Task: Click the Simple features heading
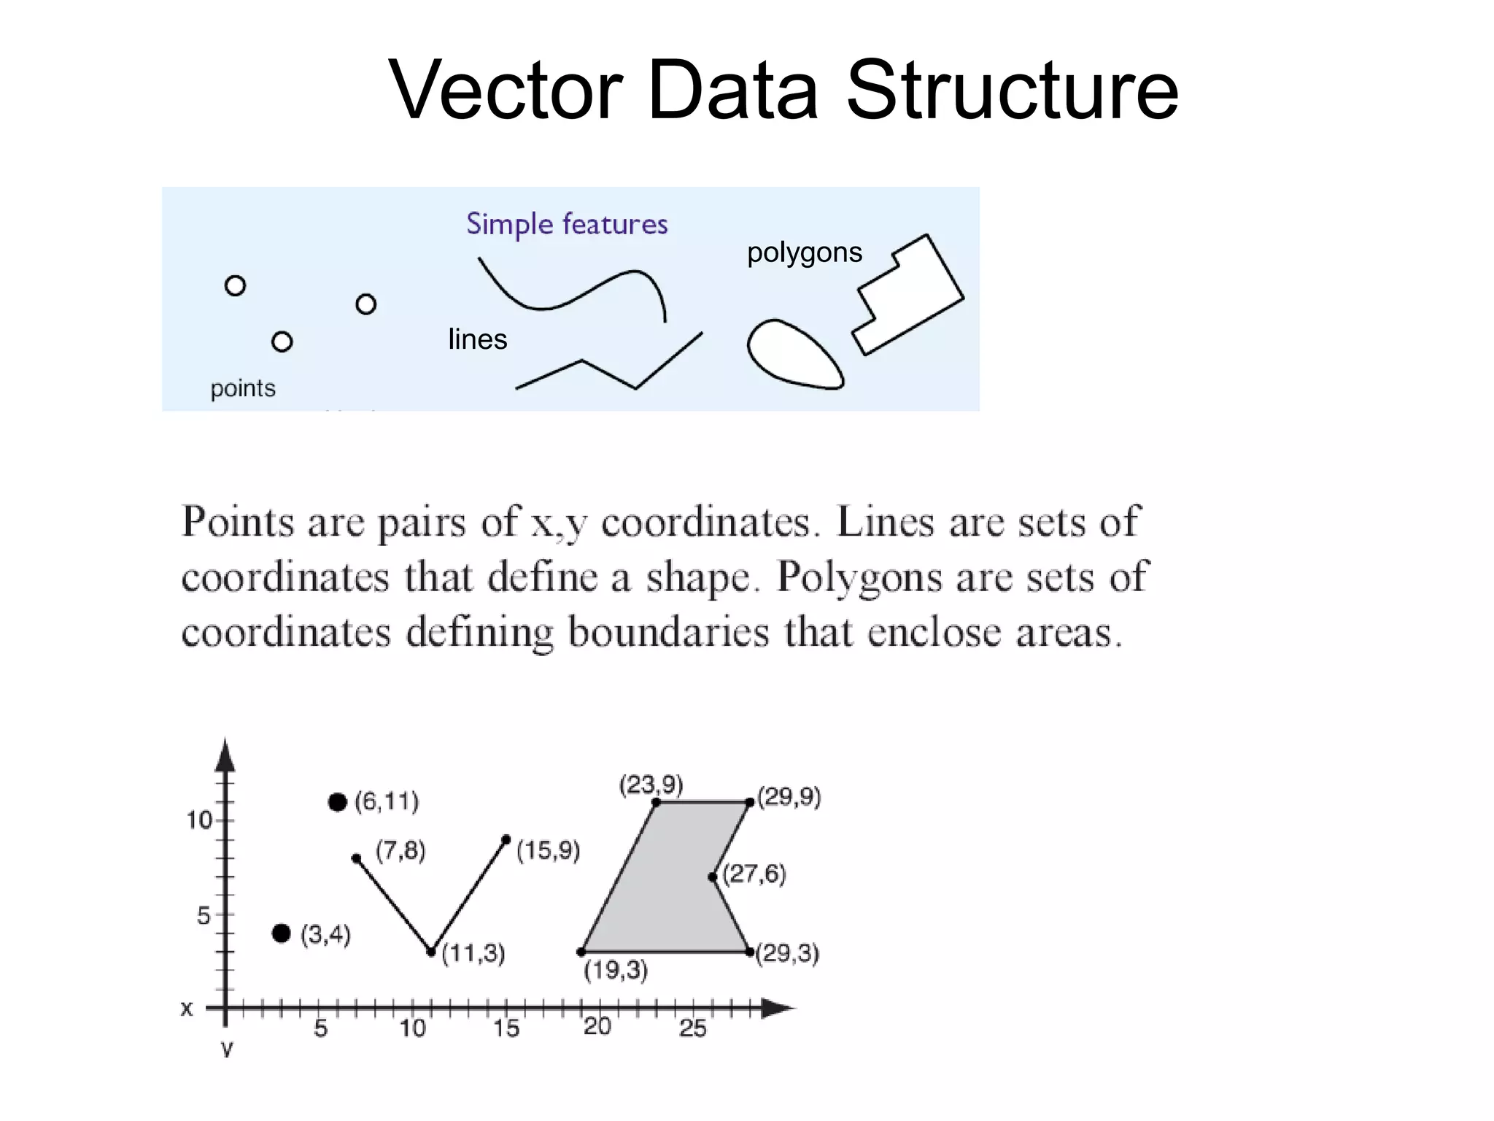point(567,224)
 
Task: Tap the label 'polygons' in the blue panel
point(804,253)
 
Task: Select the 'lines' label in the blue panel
point(477,339)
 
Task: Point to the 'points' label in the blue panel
point(243,388)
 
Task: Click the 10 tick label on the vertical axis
point(198,820)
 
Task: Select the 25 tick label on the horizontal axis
point(692,1029)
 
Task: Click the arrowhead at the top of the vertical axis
point(226,755)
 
